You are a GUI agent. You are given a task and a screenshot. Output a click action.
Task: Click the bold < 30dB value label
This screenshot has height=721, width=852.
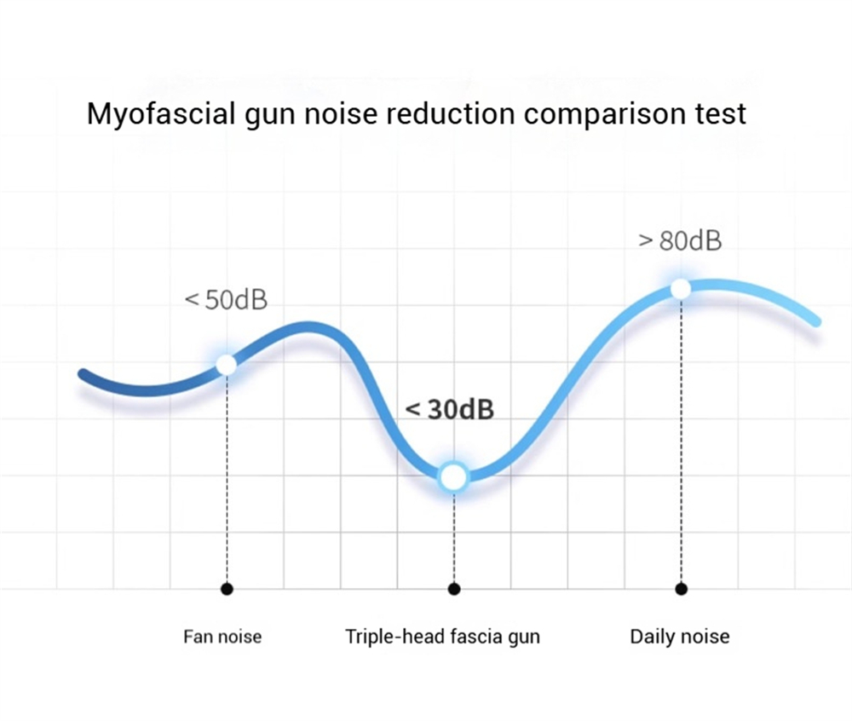[449, 410]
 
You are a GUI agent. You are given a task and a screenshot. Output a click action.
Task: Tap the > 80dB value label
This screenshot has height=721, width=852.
[680, 241]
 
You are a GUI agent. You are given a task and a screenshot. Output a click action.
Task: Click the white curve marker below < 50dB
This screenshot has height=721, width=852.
[226, 365]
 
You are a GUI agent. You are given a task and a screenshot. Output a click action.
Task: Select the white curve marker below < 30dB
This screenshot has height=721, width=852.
[453, 477]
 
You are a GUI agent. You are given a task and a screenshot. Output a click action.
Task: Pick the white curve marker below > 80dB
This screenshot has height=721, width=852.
[680, 289]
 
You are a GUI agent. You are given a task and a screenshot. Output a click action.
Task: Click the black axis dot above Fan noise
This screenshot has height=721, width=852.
[226, 589]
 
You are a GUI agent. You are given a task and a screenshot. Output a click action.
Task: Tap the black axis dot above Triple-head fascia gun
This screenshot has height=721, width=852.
[453, 589]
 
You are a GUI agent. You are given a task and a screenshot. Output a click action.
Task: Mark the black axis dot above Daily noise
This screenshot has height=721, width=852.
[680, 589]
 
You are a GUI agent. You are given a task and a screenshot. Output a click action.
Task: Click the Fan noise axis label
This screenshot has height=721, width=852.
[222, 637]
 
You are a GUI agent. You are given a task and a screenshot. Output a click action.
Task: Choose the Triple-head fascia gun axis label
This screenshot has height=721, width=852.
[442, 637]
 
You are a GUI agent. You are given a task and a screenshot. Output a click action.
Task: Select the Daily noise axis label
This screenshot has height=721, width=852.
[679, 637]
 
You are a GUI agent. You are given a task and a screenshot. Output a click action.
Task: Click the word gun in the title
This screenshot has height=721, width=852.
[270, 113]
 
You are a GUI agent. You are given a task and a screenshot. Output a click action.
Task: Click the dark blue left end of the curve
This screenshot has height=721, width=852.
[83, 374]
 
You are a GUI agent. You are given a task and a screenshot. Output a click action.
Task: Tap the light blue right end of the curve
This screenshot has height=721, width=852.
[816, 321]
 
